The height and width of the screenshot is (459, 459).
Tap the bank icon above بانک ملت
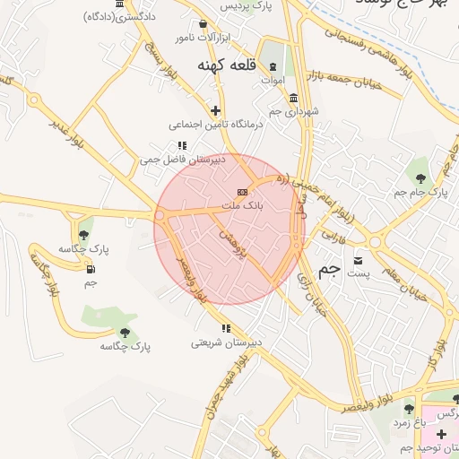pos(241,192)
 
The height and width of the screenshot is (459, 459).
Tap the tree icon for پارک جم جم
pos(420,178)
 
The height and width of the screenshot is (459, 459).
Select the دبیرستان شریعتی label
pos(226,342)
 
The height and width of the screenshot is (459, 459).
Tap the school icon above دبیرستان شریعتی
pos(226,328)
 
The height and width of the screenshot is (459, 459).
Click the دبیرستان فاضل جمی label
pos(181,160)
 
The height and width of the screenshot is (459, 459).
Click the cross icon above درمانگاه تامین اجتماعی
pos(215,110)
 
